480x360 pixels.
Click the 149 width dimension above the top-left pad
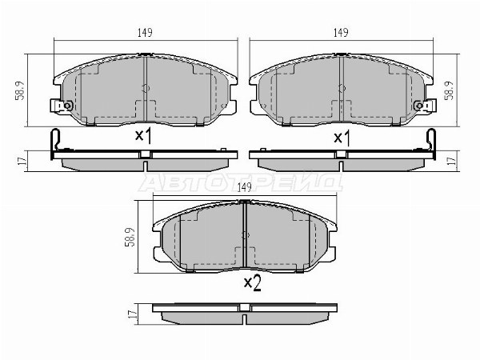tap(145, 33)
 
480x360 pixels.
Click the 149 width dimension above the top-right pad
tap(341, 33)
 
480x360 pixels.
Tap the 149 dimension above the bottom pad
tap(244, 187)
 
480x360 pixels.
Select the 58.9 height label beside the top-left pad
tap(19, 90)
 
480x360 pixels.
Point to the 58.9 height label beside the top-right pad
tap(449, 90)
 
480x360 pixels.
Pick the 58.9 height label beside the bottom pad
tap(130, 238)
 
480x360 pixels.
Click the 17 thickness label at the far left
tap(22, 161)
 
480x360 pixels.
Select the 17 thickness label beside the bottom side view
tap(132, 314)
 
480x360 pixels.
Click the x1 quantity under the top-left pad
tap(143, 136)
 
